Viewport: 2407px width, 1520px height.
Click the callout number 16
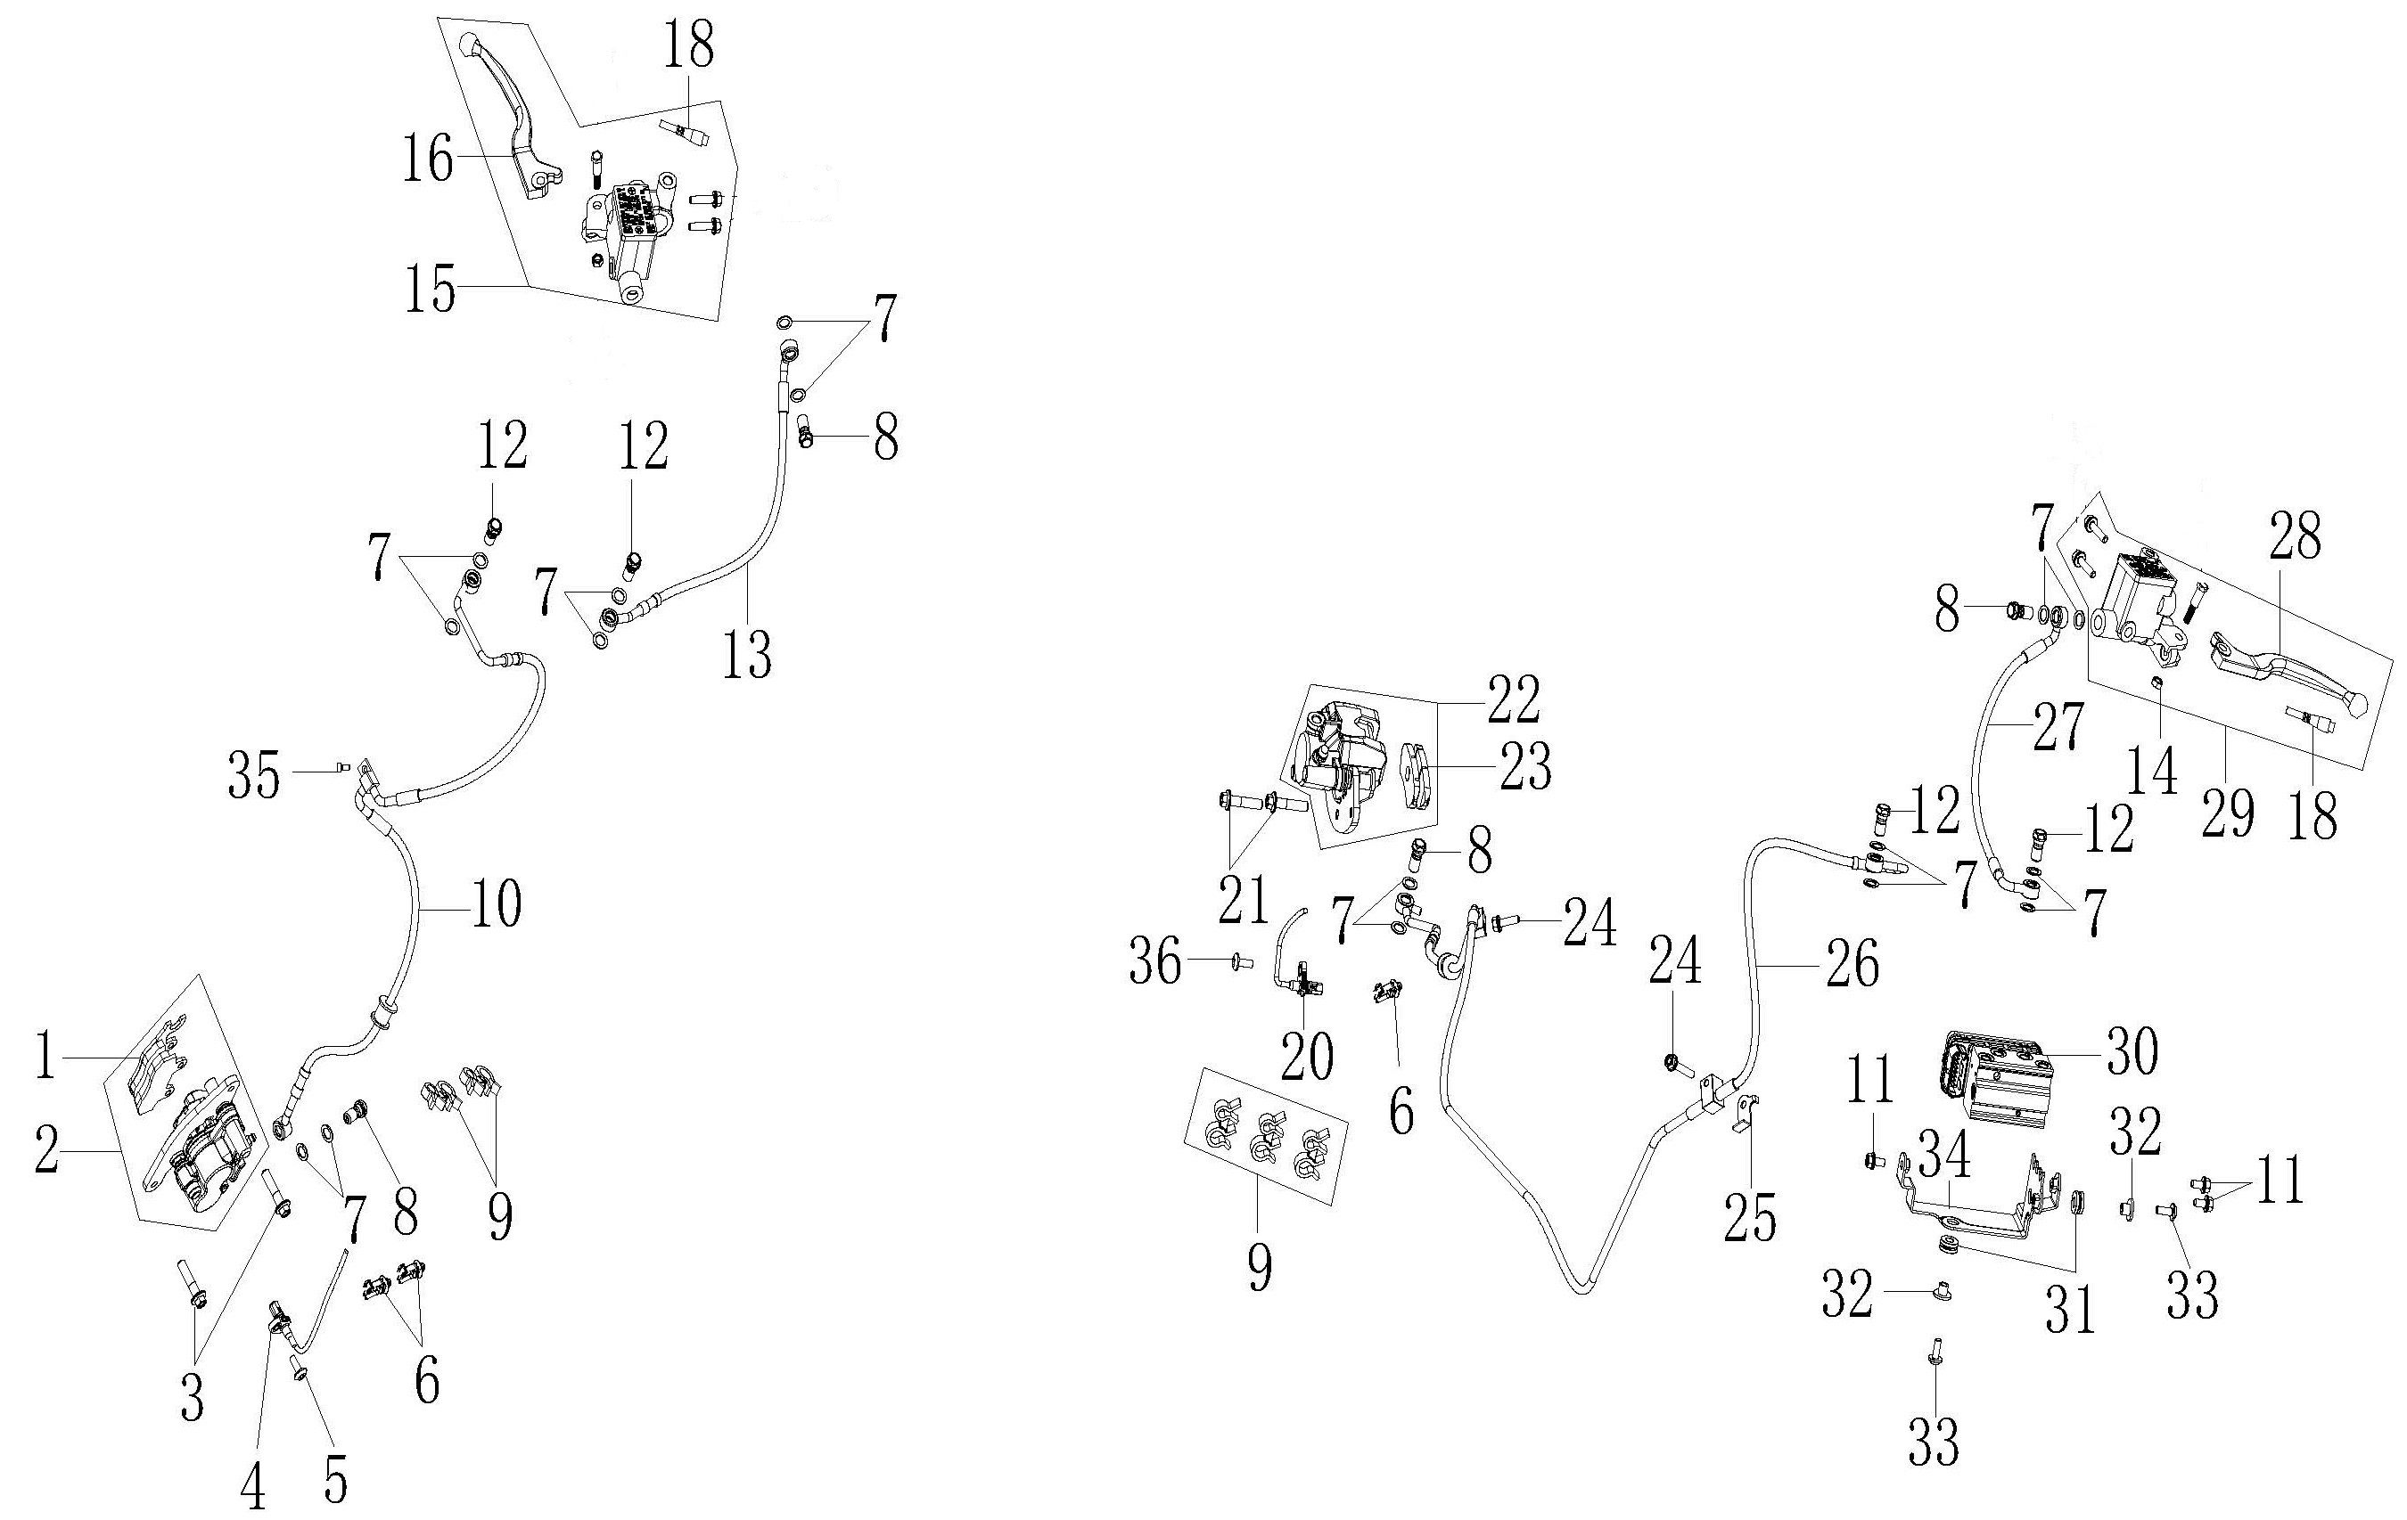click(428, 159)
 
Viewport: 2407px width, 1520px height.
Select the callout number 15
click(430, 290)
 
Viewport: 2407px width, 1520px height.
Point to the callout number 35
click(254, 777)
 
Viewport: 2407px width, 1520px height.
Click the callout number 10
click(496, 905)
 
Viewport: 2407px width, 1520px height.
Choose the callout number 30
click(2132, 1052)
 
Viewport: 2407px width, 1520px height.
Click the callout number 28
click(2295, 541)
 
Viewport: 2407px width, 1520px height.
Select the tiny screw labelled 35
click(343, 767)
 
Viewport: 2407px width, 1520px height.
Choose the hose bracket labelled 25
click(1743, 1110)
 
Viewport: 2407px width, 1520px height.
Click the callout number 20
click(1306, 1055)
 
